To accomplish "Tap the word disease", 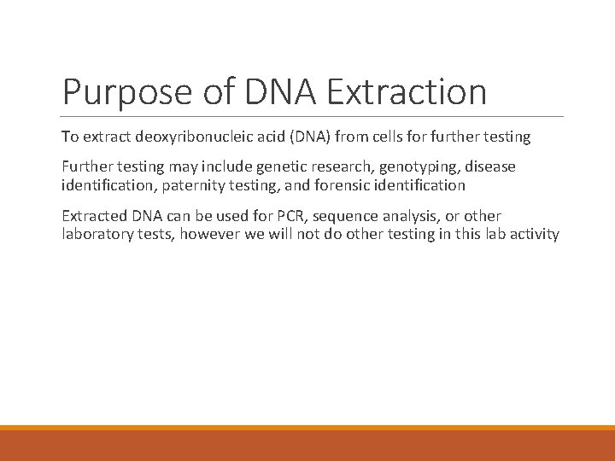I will (x=490, y=167).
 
